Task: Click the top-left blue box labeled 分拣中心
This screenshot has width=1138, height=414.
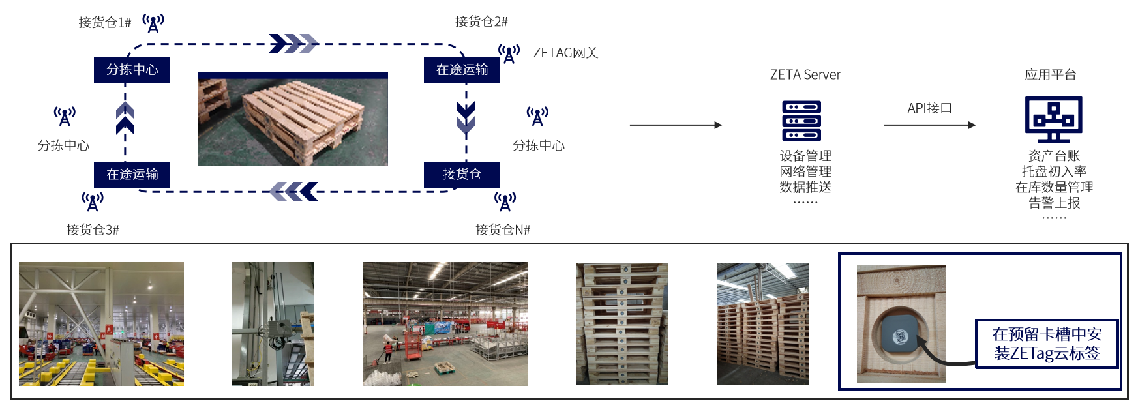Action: [x=132, y=70]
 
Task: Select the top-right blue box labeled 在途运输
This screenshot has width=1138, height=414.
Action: [x=462, y=70]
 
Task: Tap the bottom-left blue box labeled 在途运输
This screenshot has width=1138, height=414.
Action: [x=132, y=174]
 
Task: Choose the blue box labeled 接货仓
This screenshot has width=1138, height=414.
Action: [x=462, y=174]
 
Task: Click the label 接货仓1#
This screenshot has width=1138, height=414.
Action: [x=104, y=23]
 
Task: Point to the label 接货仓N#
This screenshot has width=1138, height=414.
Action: [x=503, y=229]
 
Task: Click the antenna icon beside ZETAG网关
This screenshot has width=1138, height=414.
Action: [x=509, y=53]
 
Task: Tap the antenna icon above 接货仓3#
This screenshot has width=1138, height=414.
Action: [x=93, y=201]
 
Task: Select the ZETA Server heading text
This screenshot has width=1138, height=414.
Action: [x=805, y=75]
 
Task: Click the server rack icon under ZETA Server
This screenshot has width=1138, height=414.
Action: [x=801, y=121]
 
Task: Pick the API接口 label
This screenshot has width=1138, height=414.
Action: [x=929, y=108]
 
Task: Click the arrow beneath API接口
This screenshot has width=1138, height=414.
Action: [x=929, y=125]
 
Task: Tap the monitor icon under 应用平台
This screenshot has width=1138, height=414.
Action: [x=1053, y=119]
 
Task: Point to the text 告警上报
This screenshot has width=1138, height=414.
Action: [x=1054, y=203]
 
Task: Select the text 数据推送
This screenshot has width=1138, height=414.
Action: [x=805, y=187]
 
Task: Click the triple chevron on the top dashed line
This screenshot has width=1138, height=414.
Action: [x=293, y=44]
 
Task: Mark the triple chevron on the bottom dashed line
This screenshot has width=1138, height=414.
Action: [x=293, y=192]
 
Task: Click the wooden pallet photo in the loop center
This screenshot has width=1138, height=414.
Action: [x=293, y=119]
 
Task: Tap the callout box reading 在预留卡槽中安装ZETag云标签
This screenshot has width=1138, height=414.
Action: [x=1047, y=344]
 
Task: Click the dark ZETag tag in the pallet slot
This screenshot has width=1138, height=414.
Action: [x=901, y=336]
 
